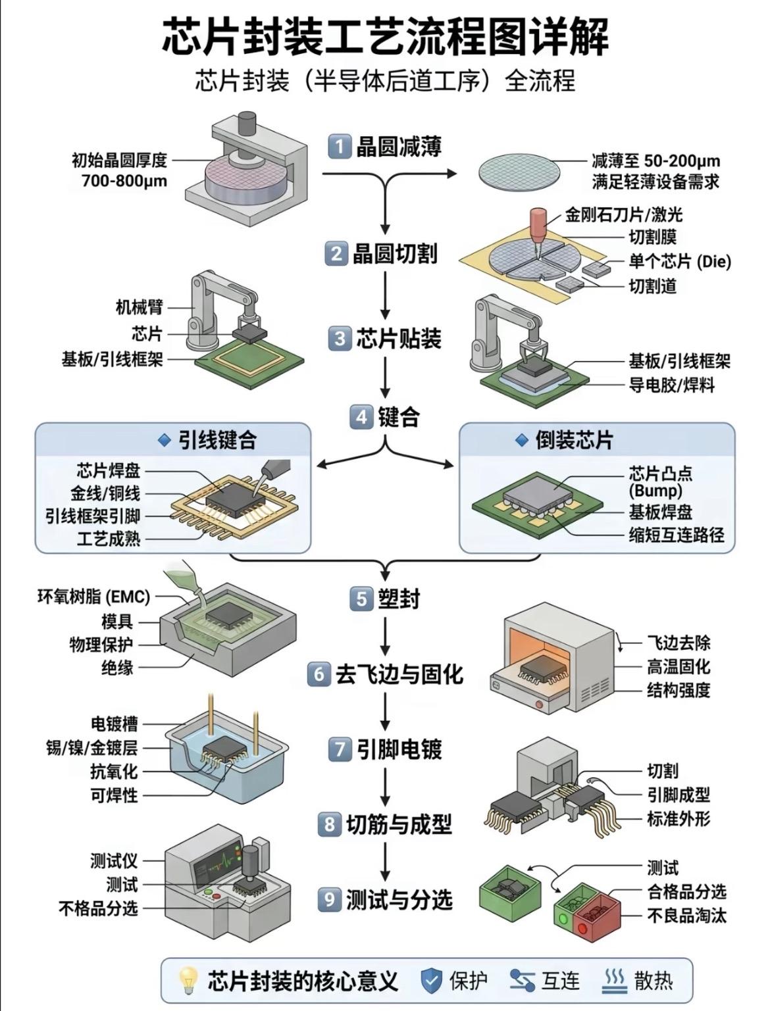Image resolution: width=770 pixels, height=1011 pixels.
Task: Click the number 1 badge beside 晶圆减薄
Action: click(x=340, y=147)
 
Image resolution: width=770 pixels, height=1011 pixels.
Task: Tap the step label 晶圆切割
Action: click(x=395, y=254)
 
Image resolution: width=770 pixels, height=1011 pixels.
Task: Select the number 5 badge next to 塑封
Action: click(x=361, y=599)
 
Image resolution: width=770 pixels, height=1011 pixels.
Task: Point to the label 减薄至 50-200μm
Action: click(x=655, y=160)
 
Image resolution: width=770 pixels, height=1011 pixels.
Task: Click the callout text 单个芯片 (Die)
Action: click(x=680, y=262)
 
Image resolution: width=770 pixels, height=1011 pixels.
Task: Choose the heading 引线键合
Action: click(x=217, y=440)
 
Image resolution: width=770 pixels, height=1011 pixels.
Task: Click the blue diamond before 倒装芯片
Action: click(x=522, y=440)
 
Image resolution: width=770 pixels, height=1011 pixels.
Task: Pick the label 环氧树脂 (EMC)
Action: click(x=94, y=597)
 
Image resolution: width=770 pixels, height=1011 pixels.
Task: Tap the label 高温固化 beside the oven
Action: click(x=679, y=666)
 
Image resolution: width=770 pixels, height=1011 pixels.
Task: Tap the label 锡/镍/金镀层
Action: click(x=91, y=747)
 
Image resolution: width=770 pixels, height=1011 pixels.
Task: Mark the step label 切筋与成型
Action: click(x=399, y=824)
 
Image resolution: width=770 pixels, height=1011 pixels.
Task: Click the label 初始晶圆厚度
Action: click(x=119, y=160)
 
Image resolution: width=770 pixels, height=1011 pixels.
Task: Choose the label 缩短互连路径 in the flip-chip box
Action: click(x=677, y=535)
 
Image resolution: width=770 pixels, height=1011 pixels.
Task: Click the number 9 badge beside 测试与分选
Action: click(x=329, y=899)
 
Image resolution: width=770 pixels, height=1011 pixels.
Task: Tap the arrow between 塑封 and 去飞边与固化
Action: click(x=386, y=637)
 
